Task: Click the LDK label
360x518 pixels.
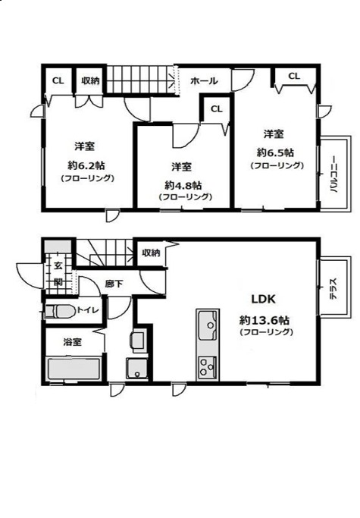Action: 264,299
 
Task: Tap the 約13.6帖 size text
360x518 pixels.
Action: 265,320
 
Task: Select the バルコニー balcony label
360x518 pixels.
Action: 333,174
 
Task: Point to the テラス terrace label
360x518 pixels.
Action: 333,289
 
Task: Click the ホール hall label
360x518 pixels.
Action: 204,80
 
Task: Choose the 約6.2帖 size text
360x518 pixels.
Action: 87,165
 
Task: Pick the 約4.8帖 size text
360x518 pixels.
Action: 183,185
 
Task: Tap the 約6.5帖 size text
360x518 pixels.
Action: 275,152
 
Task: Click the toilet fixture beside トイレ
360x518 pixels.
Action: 61,312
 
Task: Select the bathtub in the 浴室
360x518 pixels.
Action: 74,369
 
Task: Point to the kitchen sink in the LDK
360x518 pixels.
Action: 208,325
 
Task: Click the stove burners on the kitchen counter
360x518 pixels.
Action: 208,367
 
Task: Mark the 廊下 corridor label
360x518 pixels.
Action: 114,284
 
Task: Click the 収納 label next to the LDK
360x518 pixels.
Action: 151,253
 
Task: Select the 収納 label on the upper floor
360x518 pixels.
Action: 90,80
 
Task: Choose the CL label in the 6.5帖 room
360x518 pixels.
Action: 294,76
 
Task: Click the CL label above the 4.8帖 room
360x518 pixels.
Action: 216,108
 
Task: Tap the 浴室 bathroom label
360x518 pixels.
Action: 72,342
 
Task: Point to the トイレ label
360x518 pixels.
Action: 88,310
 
